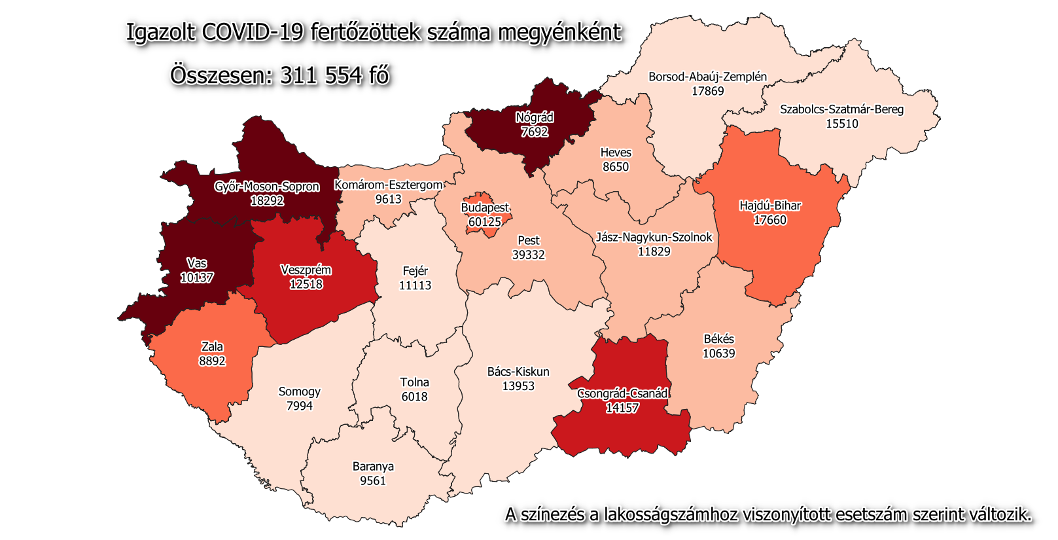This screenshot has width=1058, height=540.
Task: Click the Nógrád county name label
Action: [535, 118]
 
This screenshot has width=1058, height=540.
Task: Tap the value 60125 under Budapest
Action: [485, 222]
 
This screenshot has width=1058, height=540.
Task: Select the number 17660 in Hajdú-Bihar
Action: [770, 220]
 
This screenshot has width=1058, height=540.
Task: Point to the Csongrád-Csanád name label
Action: [622, 393]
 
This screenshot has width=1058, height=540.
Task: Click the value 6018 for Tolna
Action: [414, 397]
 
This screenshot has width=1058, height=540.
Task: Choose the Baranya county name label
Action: [373, 467]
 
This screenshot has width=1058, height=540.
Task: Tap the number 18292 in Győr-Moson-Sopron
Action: [267, 201]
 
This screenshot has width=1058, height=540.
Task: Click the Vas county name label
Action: [196, 263]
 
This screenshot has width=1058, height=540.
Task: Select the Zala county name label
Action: [212, 347]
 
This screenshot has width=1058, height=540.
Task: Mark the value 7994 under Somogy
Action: [300, 406]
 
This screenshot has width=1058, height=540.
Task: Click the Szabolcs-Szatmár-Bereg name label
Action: [841, 109]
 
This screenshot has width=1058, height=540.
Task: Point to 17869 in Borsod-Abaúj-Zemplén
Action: [708, 91]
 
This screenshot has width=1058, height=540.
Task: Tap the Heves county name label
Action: [616, 153]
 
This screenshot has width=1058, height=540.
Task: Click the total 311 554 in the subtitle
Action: [321, 75]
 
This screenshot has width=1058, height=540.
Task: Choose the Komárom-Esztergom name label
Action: [388, 185]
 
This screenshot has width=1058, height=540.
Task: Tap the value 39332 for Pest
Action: [528, 255]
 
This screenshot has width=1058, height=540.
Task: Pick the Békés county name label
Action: [718, 339]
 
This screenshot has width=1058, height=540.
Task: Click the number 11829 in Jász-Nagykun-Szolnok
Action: [654, 251]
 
